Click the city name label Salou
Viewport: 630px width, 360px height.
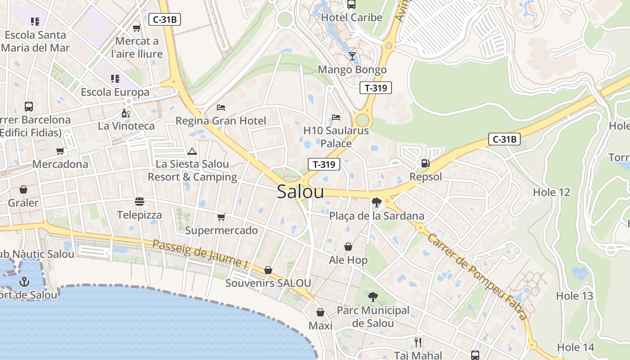coord(300,191)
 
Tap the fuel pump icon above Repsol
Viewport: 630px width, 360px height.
coord(425,163)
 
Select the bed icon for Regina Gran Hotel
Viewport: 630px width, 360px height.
coord(221,107)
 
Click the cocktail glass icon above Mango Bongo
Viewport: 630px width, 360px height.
coord(352,56)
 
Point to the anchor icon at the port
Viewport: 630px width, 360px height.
coord(24,282)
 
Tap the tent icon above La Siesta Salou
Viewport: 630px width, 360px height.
coord(192,151)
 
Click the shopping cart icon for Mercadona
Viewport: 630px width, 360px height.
coord(60,151)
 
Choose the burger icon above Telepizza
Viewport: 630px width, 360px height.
coord(139,201)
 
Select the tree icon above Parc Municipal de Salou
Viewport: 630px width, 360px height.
coord(373,297)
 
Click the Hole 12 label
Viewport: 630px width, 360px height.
coord(551,192)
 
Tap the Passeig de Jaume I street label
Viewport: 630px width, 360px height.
coord(200,254)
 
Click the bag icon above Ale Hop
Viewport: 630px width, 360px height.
coord(348,247)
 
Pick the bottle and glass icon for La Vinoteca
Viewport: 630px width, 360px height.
coord(126,112)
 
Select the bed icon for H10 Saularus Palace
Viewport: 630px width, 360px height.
coord(336,117)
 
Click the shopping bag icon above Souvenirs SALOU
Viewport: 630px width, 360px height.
coord(268,270)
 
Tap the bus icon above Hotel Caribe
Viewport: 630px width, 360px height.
coord(351,4)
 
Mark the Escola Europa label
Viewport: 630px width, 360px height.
coord(115,92)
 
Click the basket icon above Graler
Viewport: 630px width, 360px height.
coord(23,190)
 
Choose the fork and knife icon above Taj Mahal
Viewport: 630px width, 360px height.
coord(418,342)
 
